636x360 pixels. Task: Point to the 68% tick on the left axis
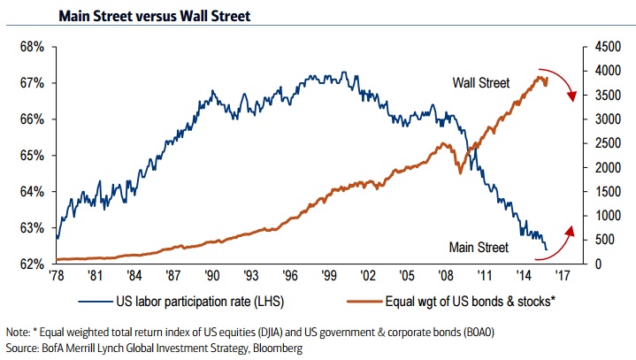pos(32,47)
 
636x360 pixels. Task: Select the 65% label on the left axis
pos(32,156)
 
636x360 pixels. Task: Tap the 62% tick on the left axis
pos(32,264)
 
